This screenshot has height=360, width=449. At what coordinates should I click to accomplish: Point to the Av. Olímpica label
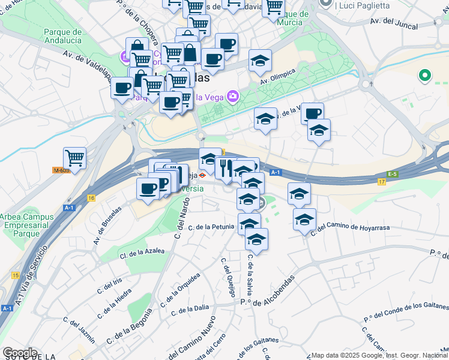click(x=278, y=76)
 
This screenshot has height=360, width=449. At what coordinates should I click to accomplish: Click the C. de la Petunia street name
click(x=211, y=227)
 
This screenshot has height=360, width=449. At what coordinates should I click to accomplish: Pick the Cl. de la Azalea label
click(x=142, y=252)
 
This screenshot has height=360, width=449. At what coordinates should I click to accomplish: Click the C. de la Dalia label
click(x=190, y=310)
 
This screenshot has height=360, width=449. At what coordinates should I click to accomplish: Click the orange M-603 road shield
click(x=61, y=170)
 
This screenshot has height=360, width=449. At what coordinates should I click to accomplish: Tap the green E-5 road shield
click(x=393, y=174)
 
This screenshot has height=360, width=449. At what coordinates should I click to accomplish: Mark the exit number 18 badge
click(x=91, y=197)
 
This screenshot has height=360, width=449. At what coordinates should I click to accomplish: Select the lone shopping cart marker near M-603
click(x=74, y=158)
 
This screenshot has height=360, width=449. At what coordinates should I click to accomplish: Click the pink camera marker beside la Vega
click(x=232, y=96)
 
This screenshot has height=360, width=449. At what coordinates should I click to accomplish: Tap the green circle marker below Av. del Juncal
click(x=425, y=76)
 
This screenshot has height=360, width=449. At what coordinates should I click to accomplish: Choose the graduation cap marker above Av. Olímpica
click(x=260, y=61)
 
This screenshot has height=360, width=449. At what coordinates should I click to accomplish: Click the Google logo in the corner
click(x=20, y=353)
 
